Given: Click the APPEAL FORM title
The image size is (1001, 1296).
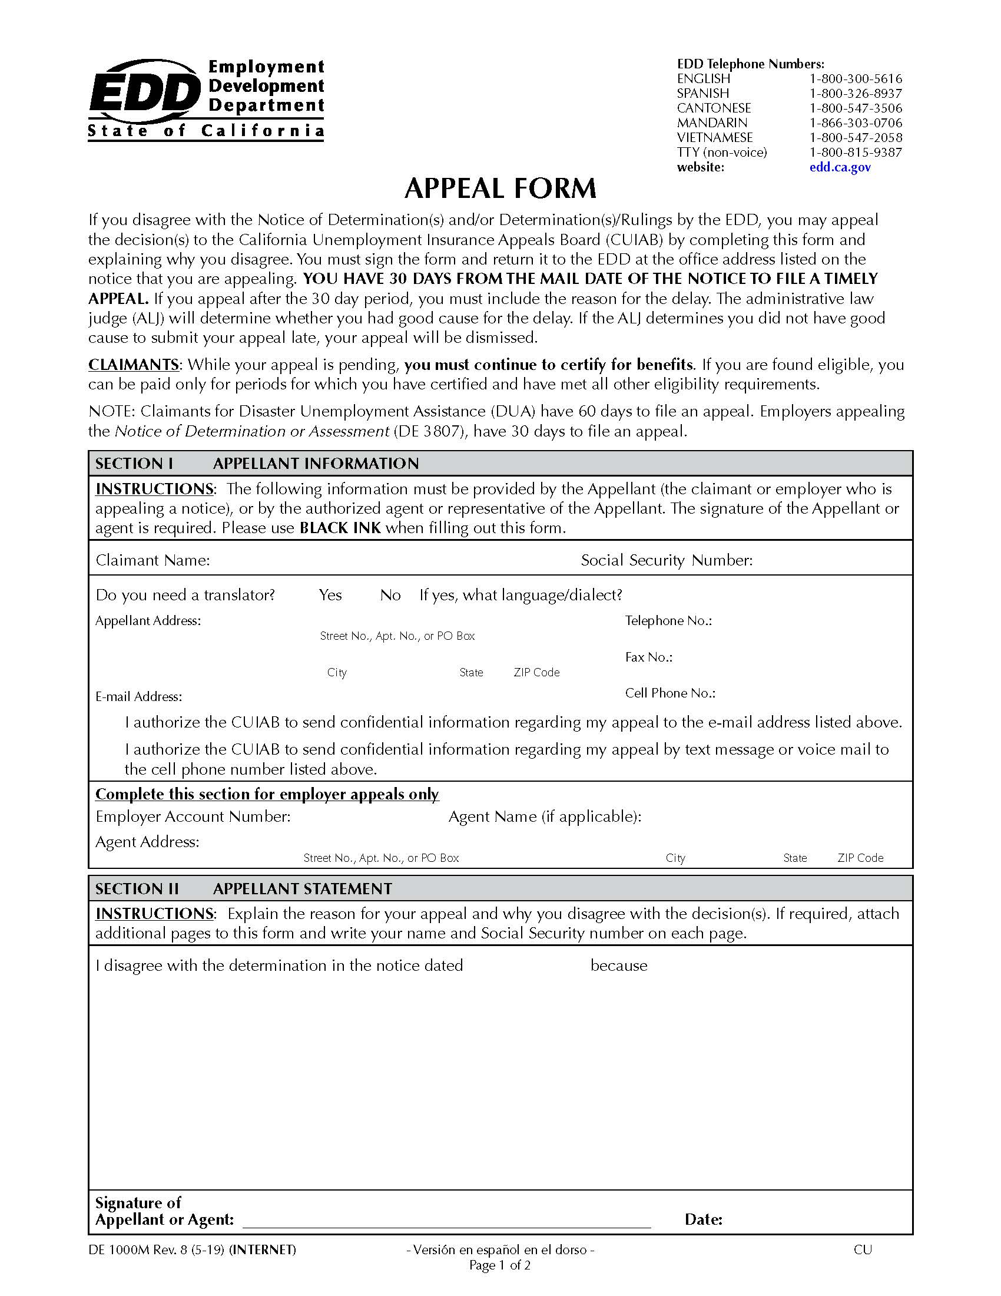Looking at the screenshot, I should (x=500, y=189).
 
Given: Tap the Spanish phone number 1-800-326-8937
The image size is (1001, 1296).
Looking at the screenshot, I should (x=855, y=93).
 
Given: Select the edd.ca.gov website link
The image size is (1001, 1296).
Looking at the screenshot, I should (x=840, y=167).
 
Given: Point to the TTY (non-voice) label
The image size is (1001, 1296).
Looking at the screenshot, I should (x=722, y=153).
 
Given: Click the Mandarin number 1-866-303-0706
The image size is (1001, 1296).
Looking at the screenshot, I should (x=855, y=123).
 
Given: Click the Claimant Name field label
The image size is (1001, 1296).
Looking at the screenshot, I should (x=153, y=560).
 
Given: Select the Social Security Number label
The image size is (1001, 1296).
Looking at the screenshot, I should (x=667, y=560).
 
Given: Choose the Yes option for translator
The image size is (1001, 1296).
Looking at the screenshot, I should (x=330, y=595).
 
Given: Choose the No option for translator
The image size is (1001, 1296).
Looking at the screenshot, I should (x=390, y=595).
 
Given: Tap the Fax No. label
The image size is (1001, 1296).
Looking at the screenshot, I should (x=648, y=657).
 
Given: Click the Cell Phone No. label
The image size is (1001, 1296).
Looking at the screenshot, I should (x=669, y=693).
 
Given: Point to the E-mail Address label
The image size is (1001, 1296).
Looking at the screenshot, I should (x=138, y=697).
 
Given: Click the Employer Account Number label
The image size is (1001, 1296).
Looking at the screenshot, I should (x=193, y=816).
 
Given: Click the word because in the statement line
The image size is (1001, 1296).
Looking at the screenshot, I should (x=618, y=966).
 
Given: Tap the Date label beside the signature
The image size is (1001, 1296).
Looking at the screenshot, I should (x=702, y=1220).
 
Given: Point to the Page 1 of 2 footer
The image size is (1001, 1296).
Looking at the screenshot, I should (x=499, y=1265).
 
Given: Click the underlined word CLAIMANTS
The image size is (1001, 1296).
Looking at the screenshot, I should (x=134, y=364).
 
